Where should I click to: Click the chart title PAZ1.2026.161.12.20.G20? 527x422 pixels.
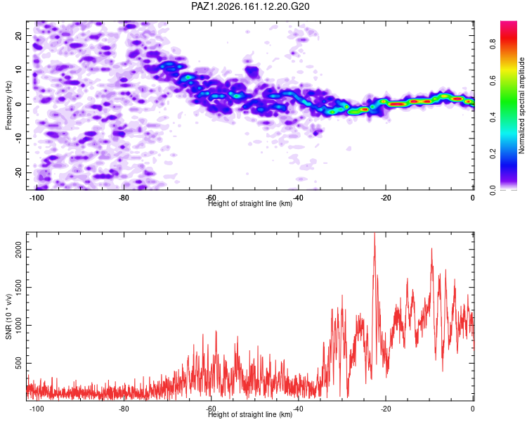click(250, 6)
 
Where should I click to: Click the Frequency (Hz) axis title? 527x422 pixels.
click(8, 105)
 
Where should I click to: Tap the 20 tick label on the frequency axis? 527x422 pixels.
click(19, 36)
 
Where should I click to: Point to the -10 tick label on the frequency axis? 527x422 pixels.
click(19, 138)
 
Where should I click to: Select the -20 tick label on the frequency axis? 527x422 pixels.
click(19, 172)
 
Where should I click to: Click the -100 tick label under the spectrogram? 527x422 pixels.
click(37, 198)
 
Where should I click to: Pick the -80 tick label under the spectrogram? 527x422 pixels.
click(124, 198)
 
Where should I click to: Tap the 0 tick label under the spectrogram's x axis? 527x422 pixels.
click(473, 198)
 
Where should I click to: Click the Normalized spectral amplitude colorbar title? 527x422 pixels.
click(521, 105)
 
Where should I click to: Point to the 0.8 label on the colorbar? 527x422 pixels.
click(493, 44)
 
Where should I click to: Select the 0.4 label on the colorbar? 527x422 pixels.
click(493, 117)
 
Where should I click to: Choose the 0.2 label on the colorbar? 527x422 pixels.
click(493, 154)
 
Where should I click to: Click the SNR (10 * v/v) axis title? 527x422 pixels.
click(8, 316)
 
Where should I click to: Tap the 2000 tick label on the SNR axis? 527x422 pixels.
click(19, 250)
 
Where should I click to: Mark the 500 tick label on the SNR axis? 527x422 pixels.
click(19, 363)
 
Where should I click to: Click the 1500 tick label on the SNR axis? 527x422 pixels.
click(19, 288)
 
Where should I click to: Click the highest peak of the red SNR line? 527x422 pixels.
click(375, 234)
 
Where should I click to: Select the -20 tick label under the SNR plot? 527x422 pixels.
click(386, 409)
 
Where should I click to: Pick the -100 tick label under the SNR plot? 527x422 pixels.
click(37, 409)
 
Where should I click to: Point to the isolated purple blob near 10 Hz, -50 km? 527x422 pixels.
click(252, 72)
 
